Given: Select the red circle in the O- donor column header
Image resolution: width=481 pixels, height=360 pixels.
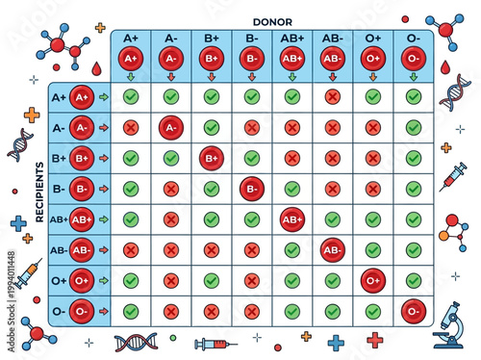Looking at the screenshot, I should click(414, 58).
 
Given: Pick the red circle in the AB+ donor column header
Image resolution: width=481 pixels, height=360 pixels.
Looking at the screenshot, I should click(292, 58).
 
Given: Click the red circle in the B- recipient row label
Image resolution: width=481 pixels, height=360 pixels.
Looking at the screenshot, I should click(81, 188).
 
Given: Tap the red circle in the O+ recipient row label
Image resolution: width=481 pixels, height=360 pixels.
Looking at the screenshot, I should click(81, 280).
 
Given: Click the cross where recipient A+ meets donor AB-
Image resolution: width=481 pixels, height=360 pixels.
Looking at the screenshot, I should click(333, 96).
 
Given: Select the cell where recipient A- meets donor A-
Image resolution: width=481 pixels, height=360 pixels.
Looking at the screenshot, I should click(170, 126).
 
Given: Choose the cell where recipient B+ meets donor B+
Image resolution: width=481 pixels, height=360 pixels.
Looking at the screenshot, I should click(211, 157).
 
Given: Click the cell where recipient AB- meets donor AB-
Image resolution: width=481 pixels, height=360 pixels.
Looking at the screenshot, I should click(333, 249).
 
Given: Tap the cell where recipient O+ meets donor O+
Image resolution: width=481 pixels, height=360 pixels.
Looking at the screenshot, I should click(373, 280).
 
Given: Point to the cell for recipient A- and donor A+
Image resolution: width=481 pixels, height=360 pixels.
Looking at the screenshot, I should click(130, 126).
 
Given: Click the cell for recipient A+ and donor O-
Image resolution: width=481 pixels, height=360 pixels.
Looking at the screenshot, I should click(414, 96).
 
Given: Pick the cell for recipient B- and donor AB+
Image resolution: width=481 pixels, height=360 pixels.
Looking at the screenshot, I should click(292, 188).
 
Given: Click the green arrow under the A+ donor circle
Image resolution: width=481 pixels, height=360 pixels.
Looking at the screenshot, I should click(130, 75).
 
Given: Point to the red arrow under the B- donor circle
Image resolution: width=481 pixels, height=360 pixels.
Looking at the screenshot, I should click(251, 75).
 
